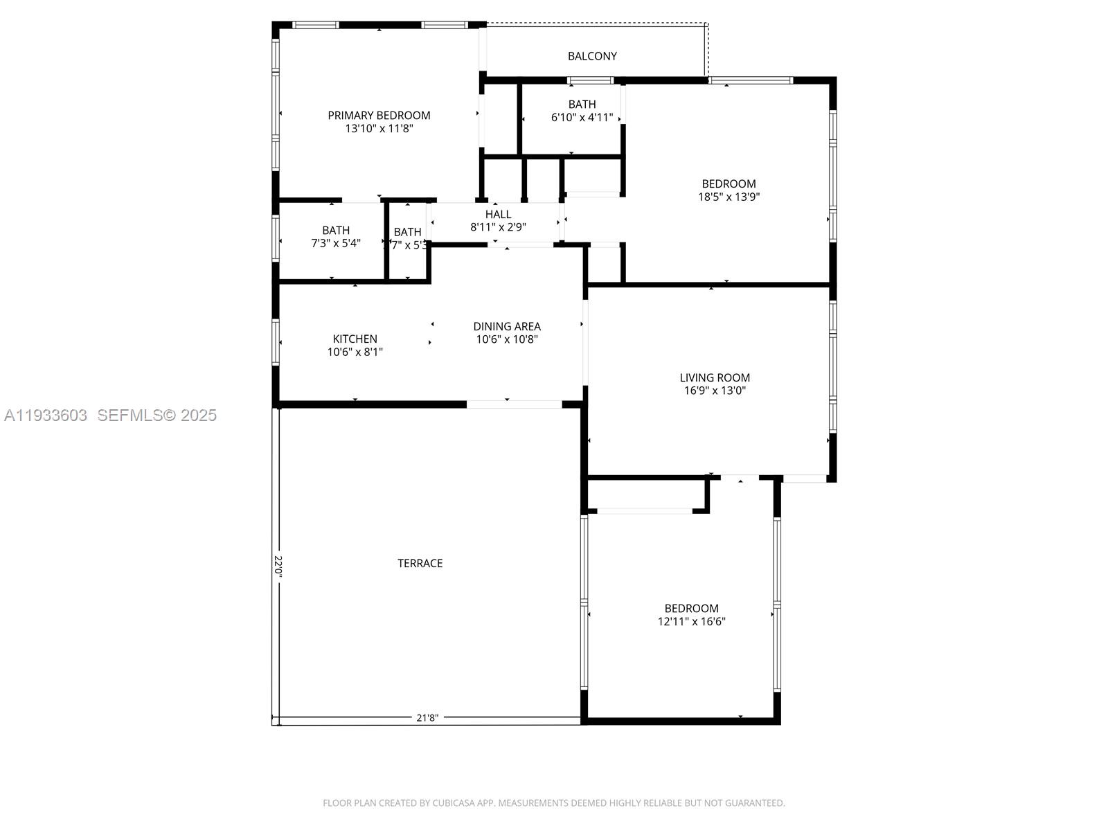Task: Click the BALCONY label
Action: [x=592, y=56]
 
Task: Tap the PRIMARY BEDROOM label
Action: [x=379, y=116]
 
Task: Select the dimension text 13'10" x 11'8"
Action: [x=379, y=129]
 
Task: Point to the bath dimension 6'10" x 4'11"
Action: [x=582, y=118]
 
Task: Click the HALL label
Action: [x=498, y=215]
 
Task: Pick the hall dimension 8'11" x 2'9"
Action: [x=498, y=227]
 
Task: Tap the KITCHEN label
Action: [x=355, y=339]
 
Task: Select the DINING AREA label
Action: [x=507, y=326]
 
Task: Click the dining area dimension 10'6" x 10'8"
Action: [x=507, y=339]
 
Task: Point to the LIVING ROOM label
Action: [x=715, y=377]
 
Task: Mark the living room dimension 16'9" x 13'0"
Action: [x=715, y=391]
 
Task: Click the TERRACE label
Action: [x=420, y=564]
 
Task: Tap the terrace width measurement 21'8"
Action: [x=427, y=718]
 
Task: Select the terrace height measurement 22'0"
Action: [x=278, y=566]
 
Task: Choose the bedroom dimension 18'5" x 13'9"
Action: [x=729, y=197]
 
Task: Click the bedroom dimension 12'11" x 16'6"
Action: [x=691, y=622]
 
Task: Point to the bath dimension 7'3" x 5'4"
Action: [x=336, y=243]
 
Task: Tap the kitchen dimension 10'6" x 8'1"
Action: [x=355, y=352]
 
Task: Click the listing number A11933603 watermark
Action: [x=46, y=415]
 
